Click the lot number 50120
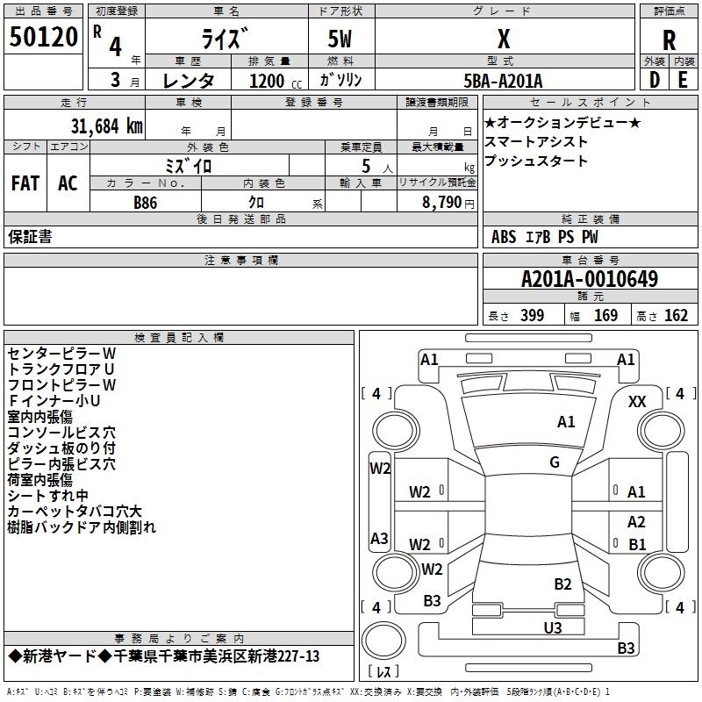click(x=44, y=37)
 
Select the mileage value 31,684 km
click(x=107, y=126)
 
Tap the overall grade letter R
click(x=669, y=40)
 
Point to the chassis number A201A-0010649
click(x=590, y=279)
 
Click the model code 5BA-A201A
click(x=503, y=81)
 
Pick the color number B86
click(x=146, y=203)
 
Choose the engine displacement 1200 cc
click(x=276, y=81)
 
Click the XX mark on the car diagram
click(x=637, y=402)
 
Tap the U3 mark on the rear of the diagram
click(x=553, y=627)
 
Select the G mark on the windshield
click(x=555, y=462)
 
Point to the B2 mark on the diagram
click(x=562, y=584)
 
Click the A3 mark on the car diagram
click(x=379, y=538)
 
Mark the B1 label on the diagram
click(x=637, y=544)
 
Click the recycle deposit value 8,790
click(x=441, y=203)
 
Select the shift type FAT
click(x=25, y=183)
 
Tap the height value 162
click(x=676, y=316)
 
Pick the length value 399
click(x=533, y=316)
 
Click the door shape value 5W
click(x=340, y=39)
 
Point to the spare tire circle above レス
click(x=383, y=641)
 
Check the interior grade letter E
click(x=683, y=81)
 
